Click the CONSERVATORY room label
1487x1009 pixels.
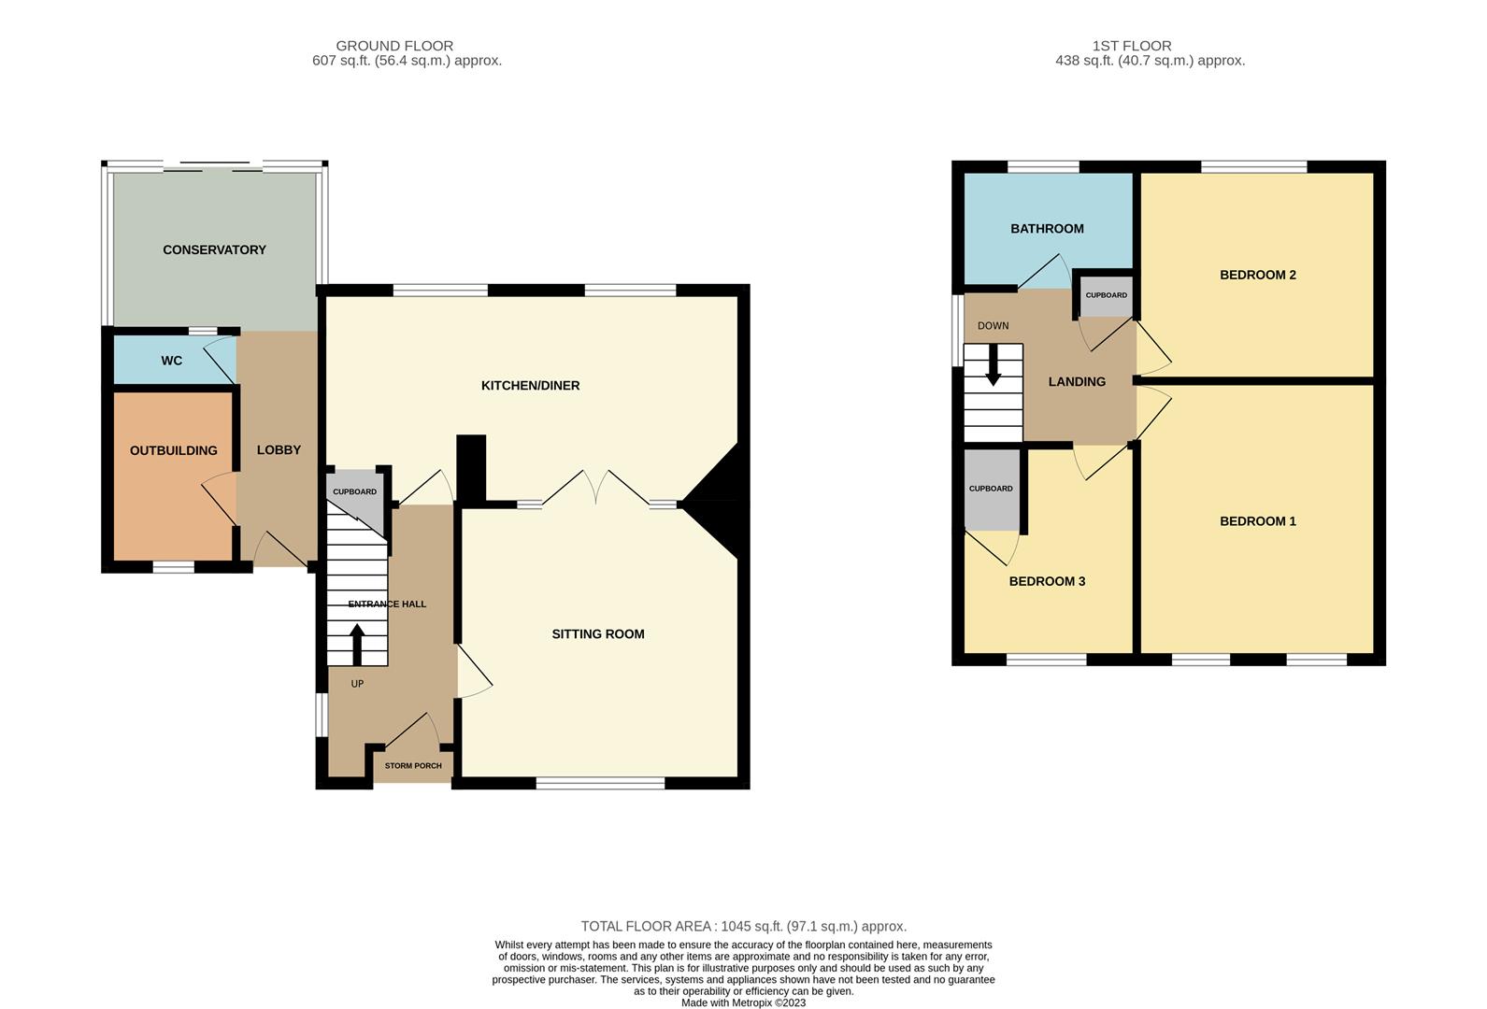click(x=214, y=249)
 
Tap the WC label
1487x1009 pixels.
click(x=171, y=361)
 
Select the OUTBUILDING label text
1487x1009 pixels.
click(x=173, y=450)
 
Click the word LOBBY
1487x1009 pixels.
click(x=279, y=449)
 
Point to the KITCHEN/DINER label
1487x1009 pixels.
click(x=530, y=385)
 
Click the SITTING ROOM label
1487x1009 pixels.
click(x=597, y=633)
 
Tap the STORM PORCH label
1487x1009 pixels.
click(x=413, y=766)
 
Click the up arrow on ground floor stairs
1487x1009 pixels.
click(x=357, y=644)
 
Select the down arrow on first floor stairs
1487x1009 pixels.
click(x=993, y=365)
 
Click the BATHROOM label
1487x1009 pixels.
click(x=1047, y=228)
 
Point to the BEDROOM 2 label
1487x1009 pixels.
click(x=1257, y=275)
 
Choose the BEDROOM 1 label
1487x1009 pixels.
click(x=1257, y=521)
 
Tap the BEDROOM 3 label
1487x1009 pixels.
click(x=1047, y=581)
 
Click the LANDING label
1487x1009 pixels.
click(x=1077, y=381)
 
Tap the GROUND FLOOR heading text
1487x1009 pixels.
click(x=394, y=46)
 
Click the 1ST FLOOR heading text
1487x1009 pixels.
click(x=1131, y=46)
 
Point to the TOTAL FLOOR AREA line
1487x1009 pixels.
click(x=743, y=927)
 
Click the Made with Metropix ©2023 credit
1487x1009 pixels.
click(x=743, y=1003)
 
